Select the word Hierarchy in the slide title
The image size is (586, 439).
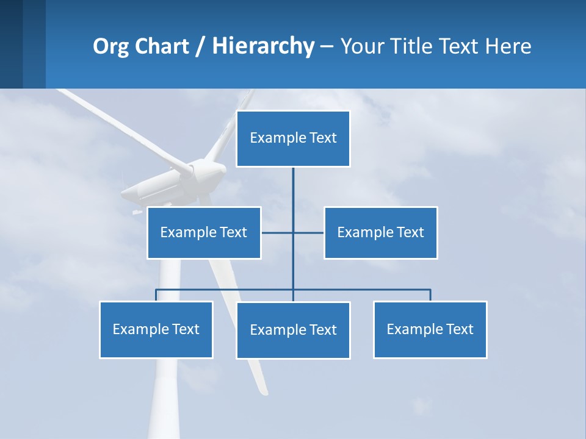click(263, 46)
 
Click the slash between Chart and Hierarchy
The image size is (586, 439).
click(200, 47)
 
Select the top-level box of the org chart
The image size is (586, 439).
click(293, 138)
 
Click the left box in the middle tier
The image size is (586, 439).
click(204, 232)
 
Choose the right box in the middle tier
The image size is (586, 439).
click(380, 232)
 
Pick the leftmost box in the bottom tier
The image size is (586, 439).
click(156, 329)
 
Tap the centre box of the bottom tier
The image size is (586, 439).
click(293, 330)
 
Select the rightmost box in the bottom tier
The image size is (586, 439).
click(430, 329)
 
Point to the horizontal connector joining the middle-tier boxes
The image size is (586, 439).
click(308, 232)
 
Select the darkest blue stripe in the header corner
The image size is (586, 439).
click(11, 44)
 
